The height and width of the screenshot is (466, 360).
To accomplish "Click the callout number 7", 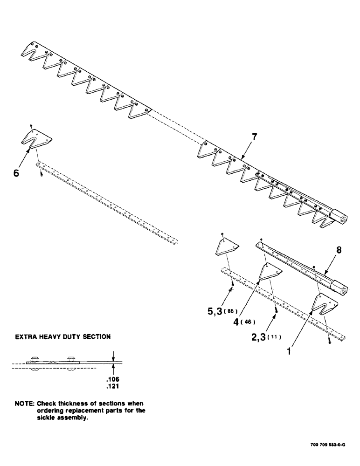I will pyautogui.click(x=254, y=137).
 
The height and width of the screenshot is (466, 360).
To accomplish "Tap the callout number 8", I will pyautogui.click(x=339, y=250).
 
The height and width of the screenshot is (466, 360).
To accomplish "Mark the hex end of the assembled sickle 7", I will pyautogui.click(x=339, y=215).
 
